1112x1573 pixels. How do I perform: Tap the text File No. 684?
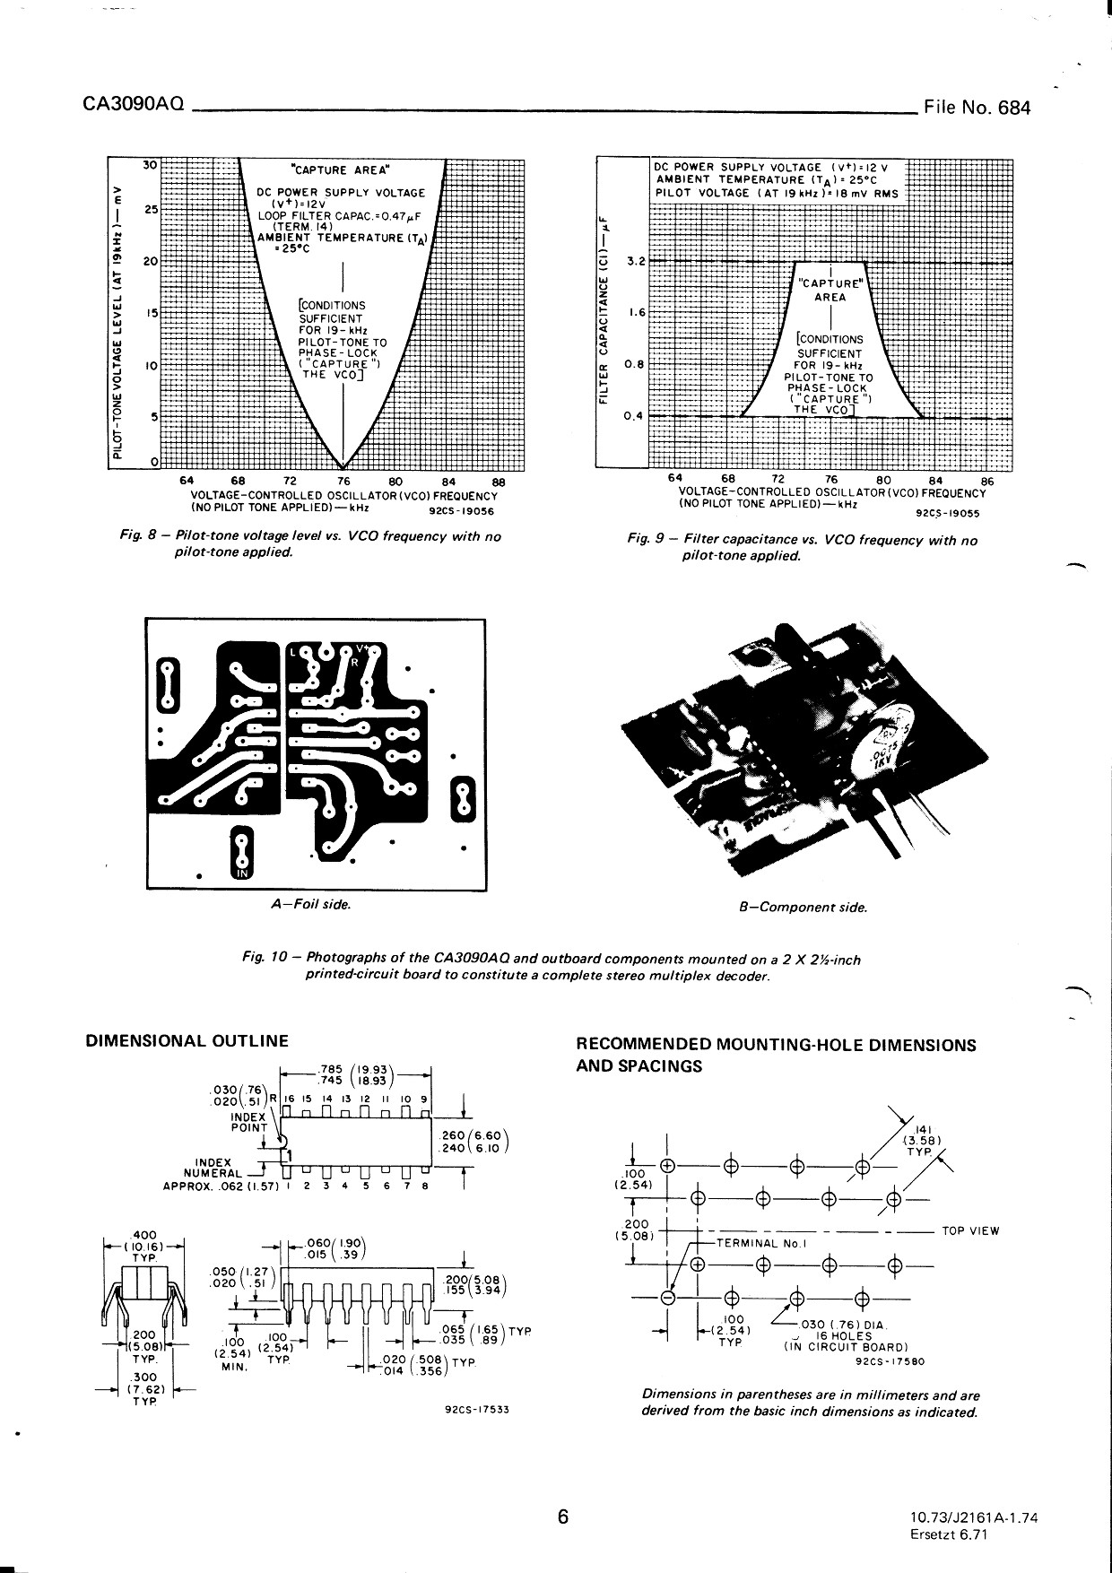point(977,109)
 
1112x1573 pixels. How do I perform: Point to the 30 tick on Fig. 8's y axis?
point(150,164)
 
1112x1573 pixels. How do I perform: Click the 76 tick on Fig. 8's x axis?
point(343,478)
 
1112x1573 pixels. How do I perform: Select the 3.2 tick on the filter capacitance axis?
point(636,262)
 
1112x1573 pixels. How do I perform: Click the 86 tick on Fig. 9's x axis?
point(988,480)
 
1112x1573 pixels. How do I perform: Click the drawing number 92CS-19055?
point(948,515)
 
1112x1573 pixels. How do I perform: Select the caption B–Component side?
point(803,908)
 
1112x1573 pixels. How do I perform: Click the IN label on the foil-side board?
point(240,873)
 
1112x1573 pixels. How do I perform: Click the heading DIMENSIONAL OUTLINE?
point(187,1041)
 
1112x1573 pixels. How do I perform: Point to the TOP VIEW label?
point(970,1230)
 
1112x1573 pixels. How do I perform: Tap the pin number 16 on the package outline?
point(289,1099)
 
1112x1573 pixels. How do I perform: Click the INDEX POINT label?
point(248,1122)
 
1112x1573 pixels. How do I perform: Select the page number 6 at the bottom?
point(563,1517)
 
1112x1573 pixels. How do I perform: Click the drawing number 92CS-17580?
point(891,1361)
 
